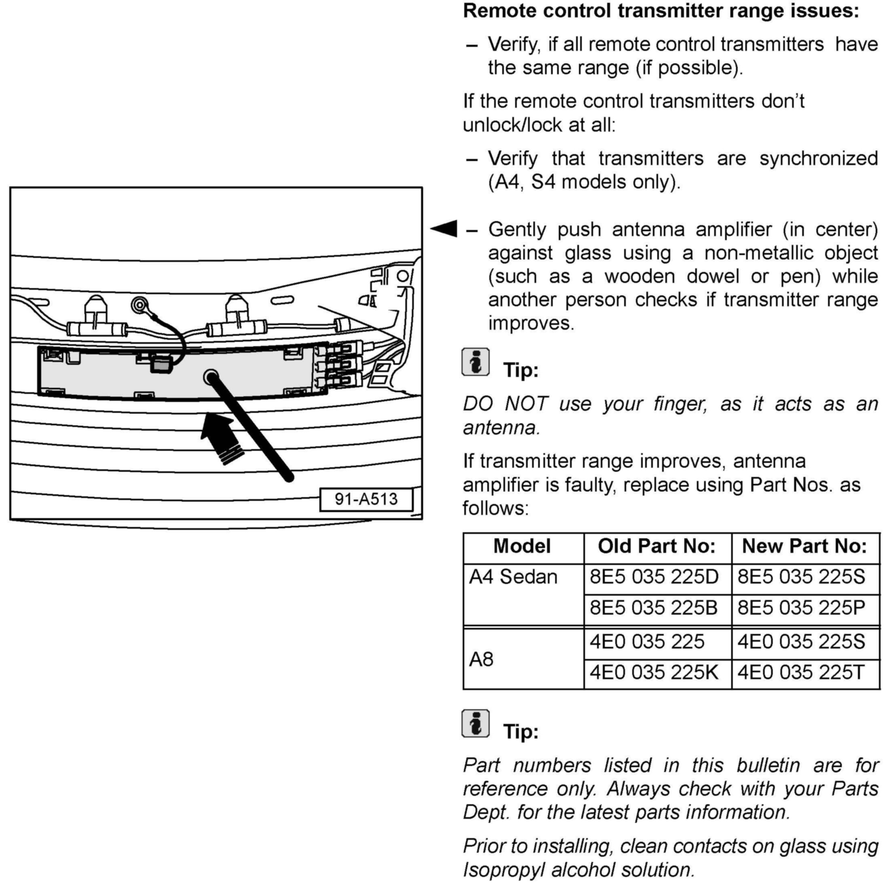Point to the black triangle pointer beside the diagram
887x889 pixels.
(445, 228)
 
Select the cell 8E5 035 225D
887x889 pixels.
(654, 577)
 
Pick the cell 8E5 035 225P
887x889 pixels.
(801, 608)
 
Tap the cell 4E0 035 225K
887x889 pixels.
(654, 672)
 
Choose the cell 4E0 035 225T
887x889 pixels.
(801, 672)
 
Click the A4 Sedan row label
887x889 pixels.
(513, 577)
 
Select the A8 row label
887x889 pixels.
(481, 659)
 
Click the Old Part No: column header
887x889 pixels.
(657, 546)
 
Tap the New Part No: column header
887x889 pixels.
(804, 546)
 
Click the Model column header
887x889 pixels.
(522, 546)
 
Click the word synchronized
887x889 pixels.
(818, 159)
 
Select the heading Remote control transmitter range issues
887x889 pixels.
(661, 11)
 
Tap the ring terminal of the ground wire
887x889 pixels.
(139, 305)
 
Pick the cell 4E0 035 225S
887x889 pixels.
(801, 642)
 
